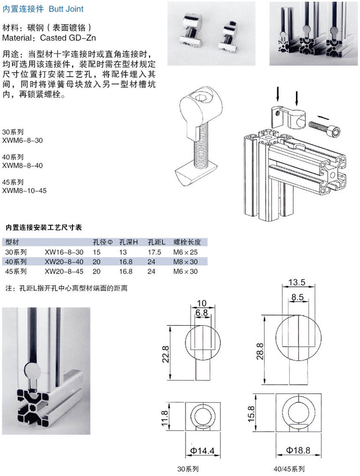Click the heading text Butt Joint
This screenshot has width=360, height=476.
(66, 9)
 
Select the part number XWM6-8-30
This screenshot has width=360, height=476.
(22, 141)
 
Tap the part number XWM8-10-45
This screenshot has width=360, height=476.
(24, 191)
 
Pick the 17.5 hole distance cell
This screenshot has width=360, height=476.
(154, 252)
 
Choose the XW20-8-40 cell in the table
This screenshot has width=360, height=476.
(64, 262)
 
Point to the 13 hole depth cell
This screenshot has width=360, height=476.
(123, 252)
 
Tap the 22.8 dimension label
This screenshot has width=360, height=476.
(166, 354)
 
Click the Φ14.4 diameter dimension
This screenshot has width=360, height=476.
(202, 451)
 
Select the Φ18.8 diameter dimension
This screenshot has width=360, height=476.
(298, 450)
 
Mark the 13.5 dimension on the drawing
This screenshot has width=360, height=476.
(296, 282)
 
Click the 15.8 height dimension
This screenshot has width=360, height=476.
(251, 414)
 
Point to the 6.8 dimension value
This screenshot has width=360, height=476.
(201, 313)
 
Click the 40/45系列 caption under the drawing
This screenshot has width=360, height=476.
(289, 469)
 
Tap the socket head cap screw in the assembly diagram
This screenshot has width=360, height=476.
(324, 128)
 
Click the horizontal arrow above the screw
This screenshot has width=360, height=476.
(322, 117)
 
